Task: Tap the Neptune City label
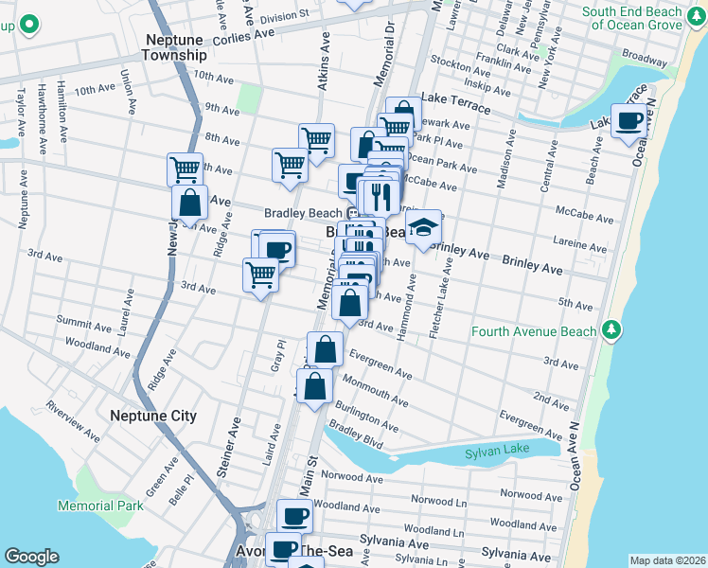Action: click(x=153, y=416)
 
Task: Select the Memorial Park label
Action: click(x=100, y=506)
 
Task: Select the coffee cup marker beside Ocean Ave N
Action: click(x=629, y=121)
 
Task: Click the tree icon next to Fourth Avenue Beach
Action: click(x=612, y=329)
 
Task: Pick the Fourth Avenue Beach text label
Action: click(x=535, y=331)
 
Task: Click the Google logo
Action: click(x=31, y=557)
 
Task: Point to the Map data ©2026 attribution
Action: click(x=667, y=560)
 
